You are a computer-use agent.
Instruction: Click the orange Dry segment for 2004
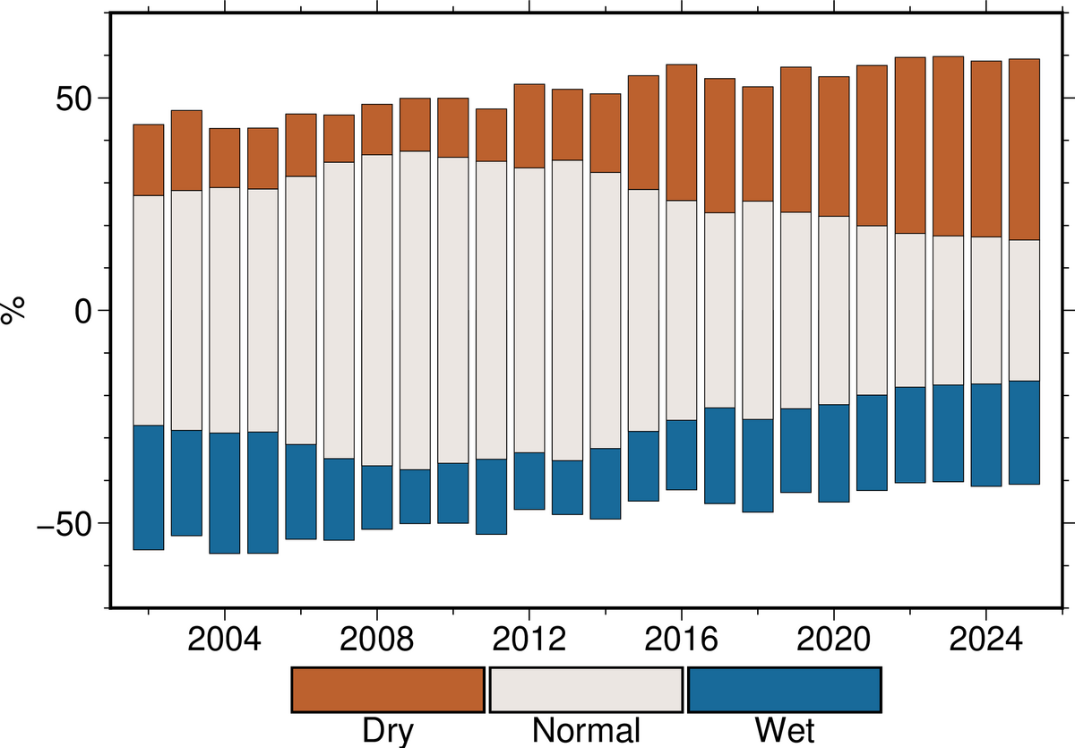pyautogui.click(x=225, y=158)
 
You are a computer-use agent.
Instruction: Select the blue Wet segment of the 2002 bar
pyautogui.click(x=149, y=487)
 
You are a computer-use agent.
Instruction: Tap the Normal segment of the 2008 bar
pyautogui.click(x=377, y=310)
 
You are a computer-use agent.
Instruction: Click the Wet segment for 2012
pyautogui.click(x=529, y=481)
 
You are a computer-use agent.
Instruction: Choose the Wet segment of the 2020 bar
pyautogui.click(x=834, y=453)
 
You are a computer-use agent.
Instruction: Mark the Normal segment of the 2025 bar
pyautogui.click(x=1024, y=310)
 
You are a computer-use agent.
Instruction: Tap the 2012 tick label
pyautogui.click(x=529, y=642)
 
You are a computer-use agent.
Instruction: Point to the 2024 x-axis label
pyautogui.click(x=986, y=642)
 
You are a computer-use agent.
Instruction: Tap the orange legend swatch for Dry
pyautogui.click(x=388, y=690)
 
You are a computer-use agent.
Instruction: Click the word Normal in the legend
pyautogui.click(x=586, y=730)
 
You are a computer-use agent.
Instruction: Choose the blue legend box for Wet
pyautogui.click(x=785, y=690)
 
